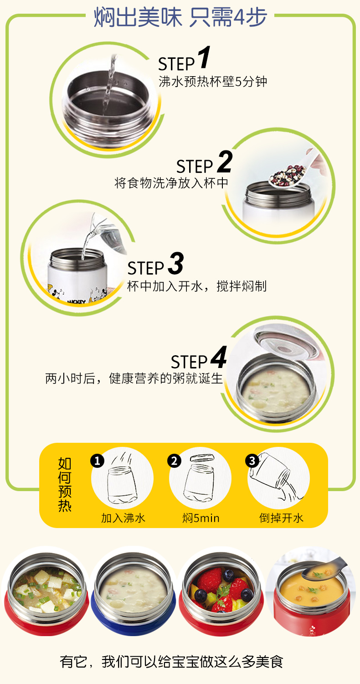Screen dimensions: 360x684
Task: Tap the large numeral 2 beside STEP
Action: [225, 161]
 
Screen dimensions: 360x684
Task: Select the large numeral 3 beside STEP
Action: [176, 263]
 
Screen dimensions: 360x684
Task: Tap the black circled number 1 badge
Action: [98, 461]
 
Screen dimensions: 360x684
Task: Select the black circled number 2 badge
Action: [174, 461]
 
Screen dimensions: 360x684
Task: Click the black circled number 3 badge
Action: [252, 461]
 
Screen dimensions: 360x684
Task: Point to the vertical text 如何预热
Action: [65, 484]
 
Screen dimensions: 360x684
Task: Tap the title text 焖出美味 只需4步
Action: [180, 17]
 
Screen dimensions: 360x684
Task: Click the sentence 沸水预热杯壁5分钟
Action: [213, 82]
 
